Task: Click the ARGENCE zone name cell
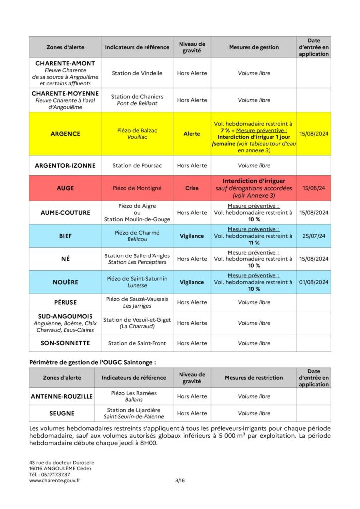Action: pos(65,134)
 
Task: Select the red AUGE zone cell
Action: pos(65,189)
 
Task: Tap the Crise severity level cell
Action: pos(192,189)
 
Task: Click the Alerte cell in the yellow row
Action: pos(192,134)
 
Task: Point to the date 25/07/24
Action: pos(314,236)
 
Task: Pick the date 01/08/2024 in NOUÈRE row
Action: pos(314,282)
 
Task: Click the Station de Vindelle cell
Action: pos(137,73)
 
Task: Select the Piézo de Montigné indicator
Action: pos(137,189)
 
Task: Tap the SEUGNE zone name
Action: pos(62,413)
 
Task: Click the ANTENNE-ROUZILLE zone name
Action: pos(62,397)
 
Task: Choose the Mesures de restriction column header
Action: pos(254,378)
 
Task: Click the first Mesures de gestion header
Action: pos(254,47)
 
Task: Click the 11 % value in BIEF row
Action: pos(254,243)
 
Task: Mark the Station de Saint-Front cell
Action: pos(137,343)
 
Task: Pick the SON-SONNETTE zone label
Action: pos(65,343)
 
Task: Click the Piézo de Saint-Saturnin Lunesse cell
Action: pos(137,282)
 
